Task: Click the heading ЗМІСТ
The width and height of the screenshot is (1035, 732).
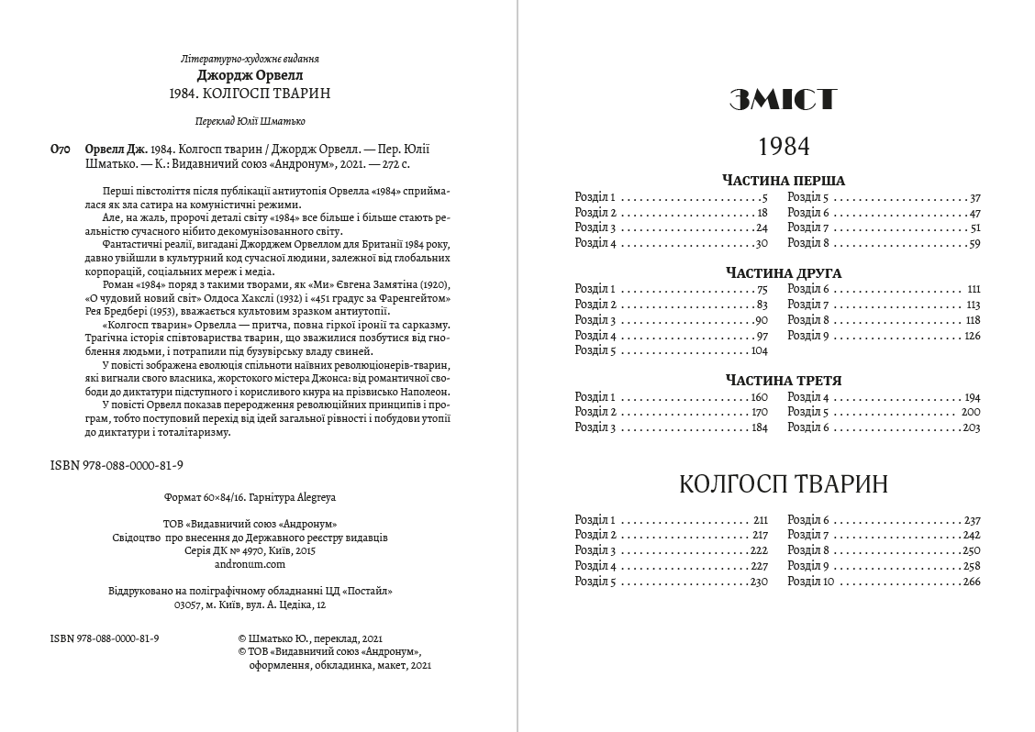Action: (x=783, y=100)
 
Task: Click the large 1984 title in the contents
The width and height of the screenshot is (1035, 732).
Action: (x=784, y=146)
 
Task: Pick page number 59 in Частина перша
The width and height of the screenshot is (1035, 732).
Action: (x=974, y=243)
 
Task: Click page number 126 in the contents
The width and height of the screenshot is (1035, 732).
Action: (x=972, y=336)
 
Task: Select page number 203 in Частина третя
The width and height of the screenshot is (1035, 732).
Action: (x=972, y=427)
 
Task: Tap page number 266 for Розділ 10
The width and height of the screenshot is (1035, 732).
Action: (x=972, y=582)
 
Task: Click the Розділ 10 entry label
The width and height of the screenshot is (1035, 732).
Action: (x=810, y=582)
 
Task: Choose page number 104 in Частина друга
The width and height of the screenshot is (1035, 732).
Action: (x=758, y=350)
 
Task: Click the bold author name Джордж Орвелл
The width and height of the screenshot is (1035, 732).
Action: (x=250, y=75)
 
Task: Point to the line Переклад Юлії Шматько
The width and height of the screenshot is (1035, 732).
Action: (x=250, y=121)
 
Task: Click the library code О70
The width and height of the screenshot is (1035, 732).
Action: (x=59, y=149)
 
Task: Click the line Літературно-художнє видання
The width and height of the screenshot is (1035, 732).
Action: (x=250, y=59)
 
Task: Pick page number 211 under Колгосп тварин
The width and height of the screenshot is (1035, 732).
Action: (x=760, y=520)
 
